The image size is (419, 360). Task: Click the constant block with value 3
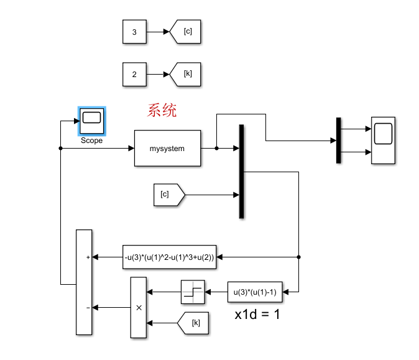coord(134,31)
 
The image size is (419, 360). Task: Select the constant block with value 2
coord(134,74)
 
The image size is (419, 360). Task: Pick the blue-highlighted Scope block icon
coord(92,121)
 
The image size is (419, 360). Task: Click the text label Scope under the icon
coord(92,141)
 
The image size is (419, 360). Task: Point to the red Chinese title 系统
coord(162,111)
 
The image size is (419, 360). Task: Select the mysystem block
coord(167,149)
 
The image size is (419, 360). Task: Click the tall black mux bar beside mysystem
coord(241,172)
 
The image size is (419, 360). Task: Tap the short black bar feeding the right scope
coord(339,141)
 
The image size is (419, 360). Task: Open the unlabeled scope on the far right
coord(383,140)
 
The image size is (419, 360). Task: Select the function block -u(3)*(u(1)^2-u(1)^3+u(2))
coord(170,257)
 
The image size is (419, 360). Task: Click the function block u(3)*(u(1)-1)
coord(254,291)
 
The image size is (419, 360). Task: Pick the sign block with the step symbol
coord(193,292)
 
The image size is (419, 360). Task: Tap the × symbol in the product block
coord(139,307)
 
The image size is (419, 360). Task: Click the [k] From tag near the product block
coord(193,323)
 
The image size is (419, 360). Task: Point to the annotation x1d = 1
coord(257,315)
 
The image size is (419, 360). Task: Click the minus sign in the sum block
coord(88,307)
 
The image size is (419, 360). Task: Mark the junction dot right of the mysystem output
coord(216,149)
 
